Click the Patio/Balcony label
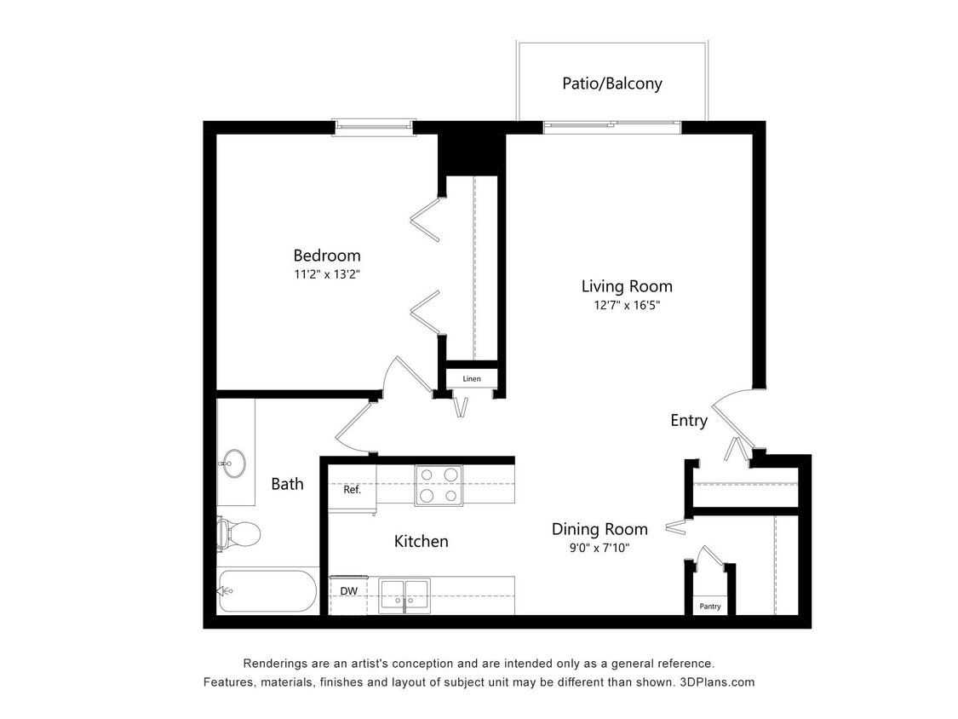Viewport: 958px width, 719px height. coord(611,83)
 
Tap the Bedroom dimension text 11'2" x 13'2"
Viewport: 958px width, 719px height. coord(327,274)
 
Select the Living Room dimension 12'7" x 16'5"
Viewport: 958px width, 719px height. coord(627,305)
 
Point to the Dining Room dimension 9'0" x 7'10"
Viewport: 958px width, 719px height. coord(599,549)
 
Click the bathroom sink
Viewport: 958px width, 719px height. coord(232,465)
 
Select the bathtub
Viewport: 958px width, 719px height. coord(267,591)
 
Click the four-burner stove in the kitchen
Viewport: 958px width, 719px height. coord(439,486)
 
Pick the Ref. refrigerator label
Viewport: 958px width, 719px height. coord(352,490)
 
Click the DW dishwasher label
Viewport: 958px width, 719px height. coord(348,590)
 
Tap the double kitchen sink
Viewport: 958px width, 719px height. coord(404,594)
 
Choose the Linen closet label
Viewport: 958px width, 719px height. coord(471,378)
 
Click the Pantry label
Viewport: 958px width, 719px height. coord(709,607)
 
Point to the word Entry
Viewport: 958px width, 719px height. coord(688,420)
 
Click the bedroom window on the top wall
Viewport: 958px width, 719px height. coord(373,128)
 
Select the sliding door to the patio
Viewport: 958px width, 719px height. coord(611,128)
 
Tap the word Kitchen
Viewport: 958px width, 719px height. coord(421,541)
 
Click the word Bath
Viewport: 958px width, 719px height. coord(287,484)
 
